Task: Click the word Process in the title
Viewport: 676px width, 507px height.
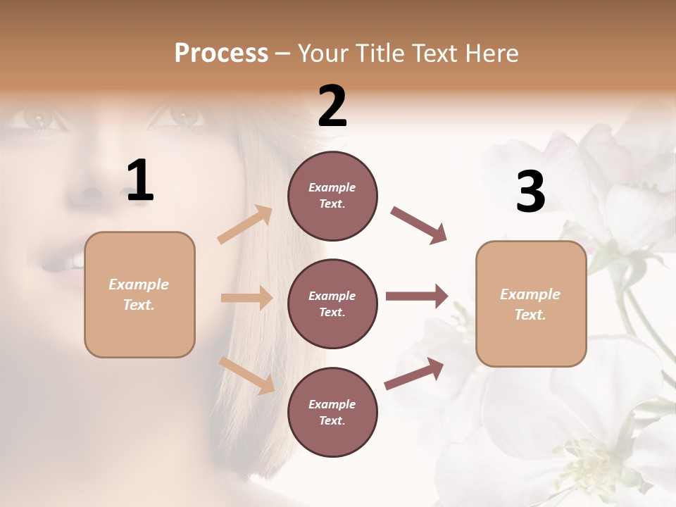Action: (x=221, y=53)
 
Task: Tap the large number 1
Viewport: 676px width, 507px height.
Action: (x=140, y=181)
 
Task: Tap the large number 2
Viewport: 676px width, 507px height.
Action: (x=332, y=106)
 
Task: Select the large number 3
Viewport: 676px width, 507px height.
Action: (x=530, y=192)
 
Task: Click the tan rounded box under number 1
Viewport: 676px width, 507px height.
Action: (x=139, y=294)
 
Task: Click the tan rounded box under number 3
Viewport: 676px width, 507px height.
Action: (x=531, y=304)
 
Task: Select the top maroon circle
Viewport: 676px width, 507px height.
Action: (x=332, y=196)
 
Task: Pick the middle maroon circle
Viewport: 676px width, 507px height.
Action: (x=332, y=304)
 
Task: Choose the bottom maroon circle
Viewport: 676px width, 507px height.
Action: (x=332, y=413)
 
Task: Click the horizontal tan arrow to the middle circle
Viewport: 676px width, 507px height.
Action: (x=246, y=298)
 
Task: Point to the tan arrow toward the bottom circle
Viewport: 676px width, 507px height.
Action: (x=247, y=375)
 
